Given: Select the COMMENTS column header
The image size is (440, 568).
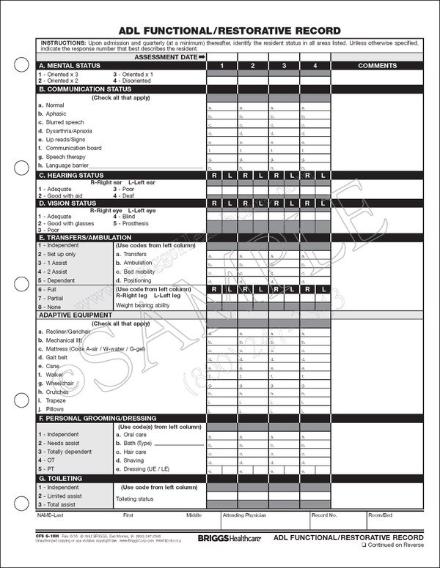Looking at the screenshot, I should click(x=377, y=66).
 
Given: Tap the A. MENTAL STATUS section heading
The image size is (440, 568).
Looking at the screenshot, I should click(x=70, y=66).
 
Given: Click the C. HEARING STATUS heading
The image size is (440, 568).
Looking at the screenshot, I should click(x=72, y=176).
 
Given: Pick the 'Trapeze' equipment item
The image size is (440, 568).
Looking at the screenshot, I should click(x=58, y=400).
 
